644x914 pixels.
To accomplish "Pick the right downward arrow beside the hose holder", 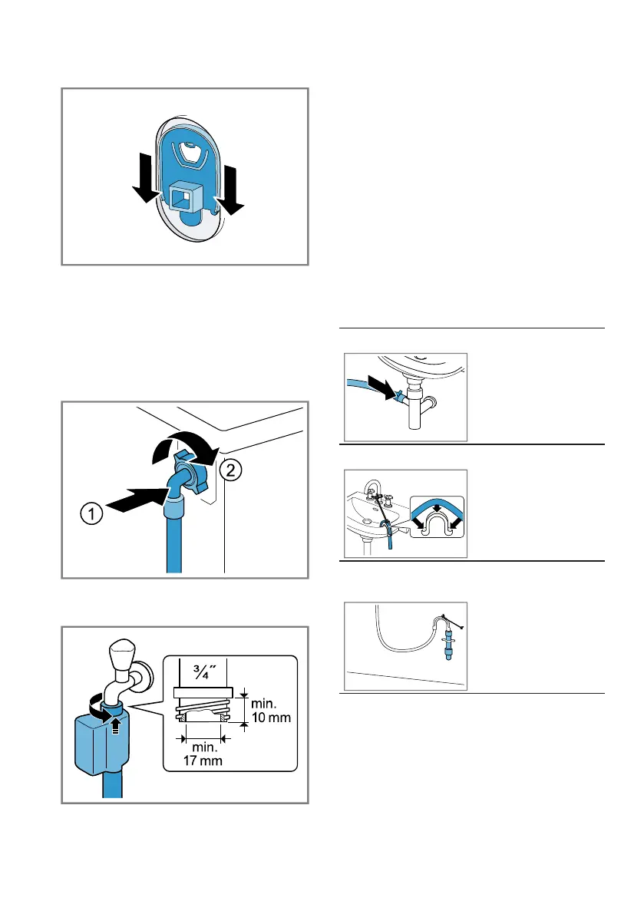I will (228, 186).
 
